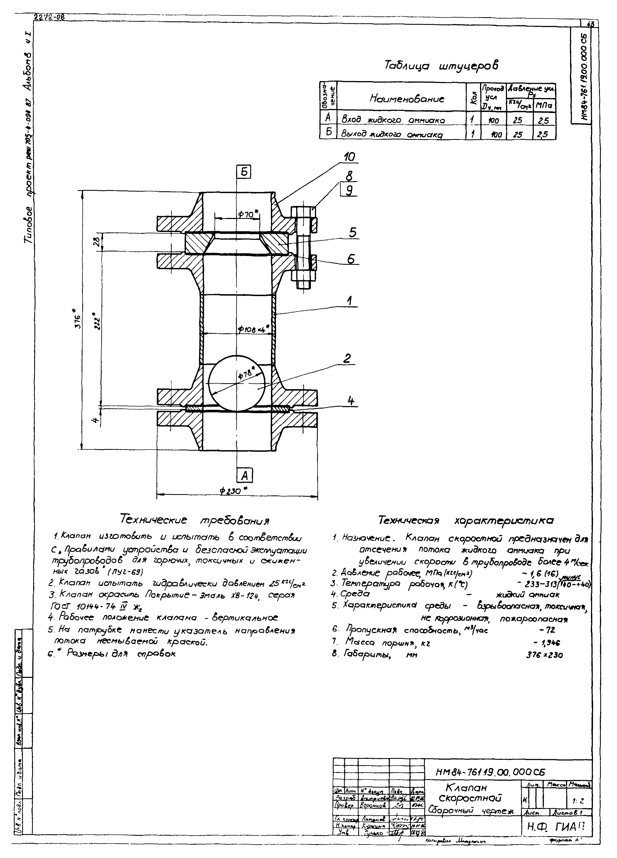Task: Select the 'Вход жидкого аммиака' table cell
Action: (x=393, y=120)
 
